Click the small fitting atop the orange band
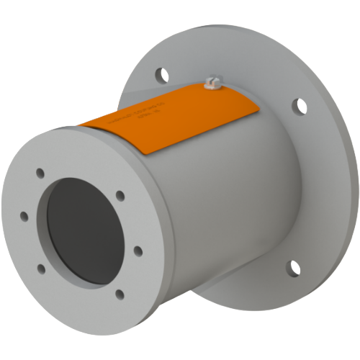pos(210,84)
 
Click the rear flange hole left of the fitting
pos(159,73)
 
